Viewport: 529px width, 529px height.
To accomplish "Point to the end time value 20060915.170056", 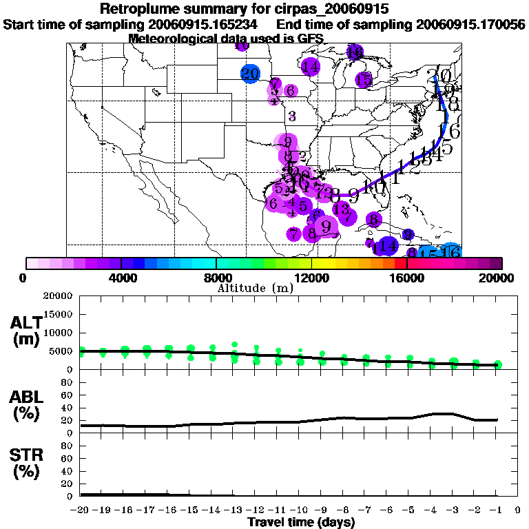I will tap(470, 24).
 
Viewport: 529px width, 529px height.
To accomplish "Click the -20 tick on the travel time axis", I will tap(80, 510).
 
